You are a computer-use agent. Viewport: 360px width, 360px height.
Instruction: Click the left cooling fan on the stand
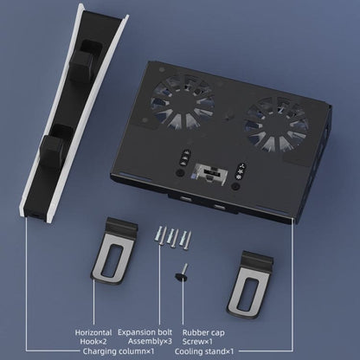183,101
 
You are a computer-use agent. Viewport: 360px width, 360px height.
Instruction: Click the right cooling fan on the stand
275,125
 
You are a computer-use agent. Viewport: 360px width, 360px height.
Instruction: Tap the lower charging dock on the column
55,146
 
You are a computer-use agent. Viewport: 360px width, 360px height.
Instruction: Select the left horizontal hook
114,250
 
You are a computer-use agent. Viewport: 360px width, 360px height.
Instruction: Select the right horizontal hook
250,284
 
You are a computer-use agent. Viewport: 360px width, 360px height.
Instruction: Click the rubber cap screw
182,273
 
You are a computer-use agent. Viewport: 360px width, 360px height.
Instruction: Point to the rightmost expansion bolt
185,238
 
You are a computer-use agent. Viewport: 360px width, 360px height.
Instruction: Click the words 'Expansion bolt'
145,332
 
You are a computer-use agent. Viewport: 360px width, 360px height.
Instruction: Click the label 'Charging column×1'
119,351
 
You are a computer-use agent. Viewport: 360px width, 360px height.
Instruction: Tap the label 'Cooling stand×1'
204,351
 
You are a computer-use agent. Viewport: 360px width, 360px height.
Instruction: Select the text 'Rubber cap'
203,332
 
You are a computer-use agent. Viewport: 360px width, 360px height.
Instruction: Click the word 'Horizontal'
93,332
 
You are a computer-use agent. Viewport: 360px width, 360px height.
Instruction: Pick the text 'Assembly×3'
150,342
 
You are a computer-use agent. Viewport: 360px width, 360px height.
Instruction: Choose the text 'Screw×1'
197,342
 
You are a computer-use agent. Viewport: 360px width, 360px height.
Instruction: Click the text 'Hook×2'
93,342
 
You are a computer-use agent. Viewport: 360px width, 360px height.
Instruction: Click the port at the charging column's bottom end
36,215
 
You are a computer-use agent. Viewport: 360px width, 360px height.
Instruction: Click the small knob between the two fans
228,114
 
